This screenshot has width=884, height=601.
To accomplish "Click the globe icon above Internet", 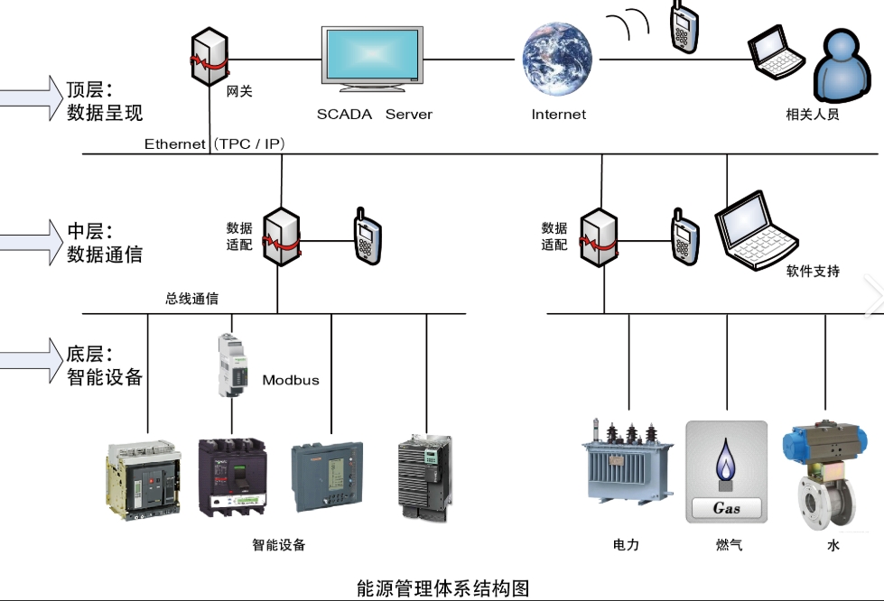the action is click(557, 60).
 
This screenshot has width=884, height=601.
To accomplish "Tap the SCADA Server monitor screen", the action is click(372, 55).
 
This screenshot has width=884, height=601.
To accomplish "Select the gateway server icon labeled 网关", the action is click(209, 56).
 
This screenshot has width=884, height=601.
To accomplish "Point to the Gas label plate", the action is click(726, 508).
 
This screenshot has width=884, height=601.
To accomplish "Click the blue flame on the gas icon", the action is click(726, 459).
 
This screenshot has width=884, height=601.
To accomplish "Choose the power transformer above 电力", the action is click(628, 461).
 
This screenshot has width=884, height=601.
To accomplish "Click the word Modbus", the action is click(291, 380).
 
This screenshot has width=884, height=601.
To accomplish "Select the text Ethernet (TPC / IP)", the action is click(214, 144).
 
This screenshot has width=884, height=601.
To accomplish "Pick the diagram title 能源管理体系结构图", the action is click(442, 588).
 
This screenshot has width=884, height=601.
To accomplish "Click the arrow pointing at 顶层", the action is click(31, 98).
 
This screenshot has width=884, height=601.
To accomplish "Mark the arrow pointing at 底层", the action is click(31, 360).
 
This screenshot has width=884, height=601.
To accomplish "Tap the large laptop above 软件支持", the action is click(756, 231).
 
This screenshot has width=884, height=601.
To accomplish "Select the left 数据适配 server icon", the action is click(281, 236).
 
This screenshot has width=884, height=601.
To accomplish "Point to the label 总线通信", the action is click(191, 299).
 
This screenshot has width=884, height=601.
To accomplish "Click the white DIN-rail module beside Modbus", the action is click(233, 365).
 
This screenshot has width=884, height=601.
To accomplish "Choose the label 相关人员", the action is click(813, 115).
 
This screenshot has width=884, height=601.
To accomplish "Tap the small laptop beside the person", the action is click(776, 51).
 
